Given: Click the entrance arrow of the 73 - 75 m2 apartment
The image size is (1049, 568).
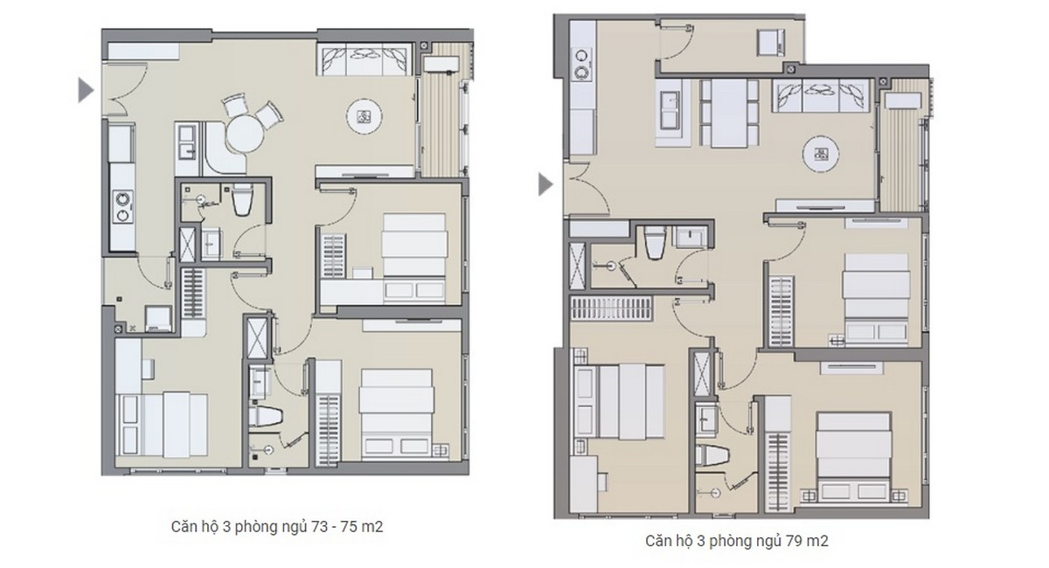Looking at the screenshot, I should point(86,89).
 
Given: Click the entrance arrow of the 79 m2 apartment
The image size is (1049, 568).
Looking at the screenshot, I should point(545,184).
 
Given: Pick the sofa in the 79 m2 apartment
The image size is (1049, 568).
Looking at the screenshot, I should point(821,94).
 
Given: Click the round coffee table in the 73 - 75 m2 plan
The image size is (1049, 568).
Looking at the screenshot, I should point(365,115).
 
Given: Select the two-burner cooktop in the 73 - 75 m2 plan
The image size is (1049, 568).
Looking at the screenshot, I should point(122,204).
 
